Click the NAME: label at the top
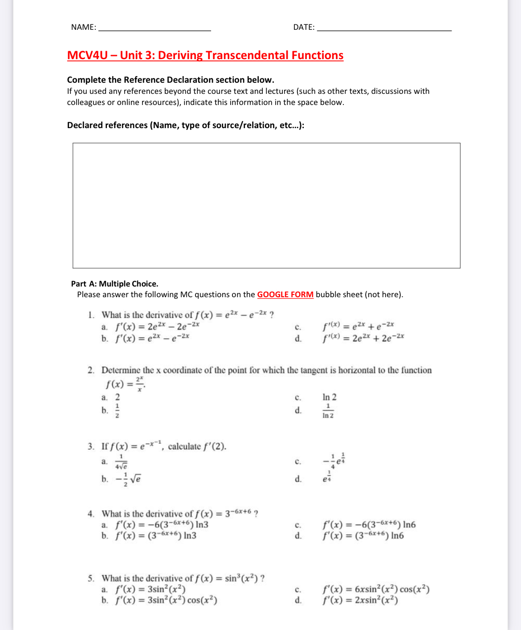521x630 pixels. [x=83, y=27]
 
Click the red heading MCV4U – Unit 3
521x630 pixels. [x=205, y=55]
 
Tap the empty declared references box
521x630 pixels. [x=266, y=205]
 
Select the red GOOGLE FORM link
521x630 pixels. [x=285, y=295]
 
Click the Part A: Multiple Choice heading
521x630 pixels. [x=114, y=284]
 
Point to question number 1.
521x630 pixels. [x=91, y=315]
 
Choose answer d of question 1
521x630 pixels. [x=363, y=338]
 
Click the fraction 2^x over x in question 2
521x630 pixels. [x=140, y=384]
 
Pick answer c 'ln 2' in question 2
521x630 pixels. [x=329, y=397]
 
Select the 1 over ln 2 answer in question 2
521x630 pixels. [x=328, y=411]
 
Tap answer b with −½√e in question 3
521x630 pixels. [x=128, y=479]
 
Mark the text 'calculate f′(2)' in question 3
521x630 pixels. [x=197, y=446]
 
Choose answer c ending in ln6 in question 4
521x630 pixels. [x=369, y=525]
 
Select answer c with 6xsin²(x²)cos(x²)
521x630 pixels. [x=376, y=590]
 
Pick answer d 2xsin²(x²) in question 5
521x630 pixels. [x=360, y=600]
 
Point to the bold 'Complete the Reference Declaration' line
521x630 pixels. [x=171, y=80]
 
